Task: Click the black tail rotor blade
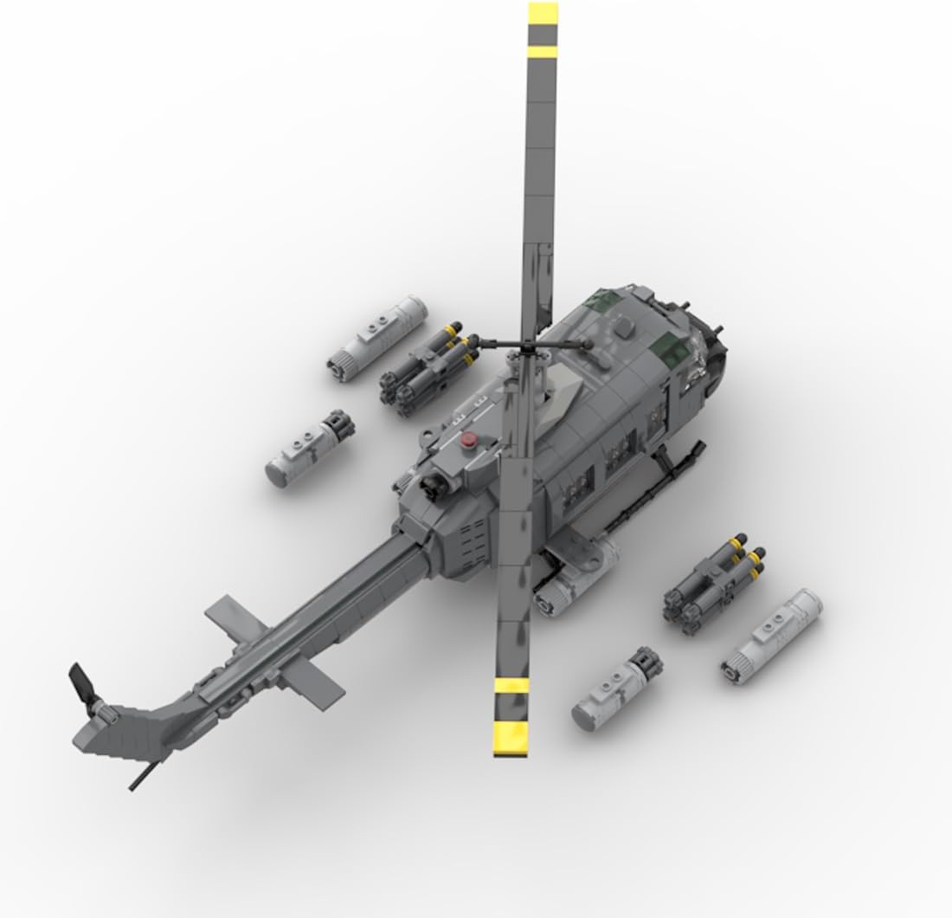pos(83,682)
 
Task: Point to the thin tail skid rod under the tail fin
pos(148,770)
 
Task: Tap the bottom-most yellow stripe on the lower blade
pos(511,739)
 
